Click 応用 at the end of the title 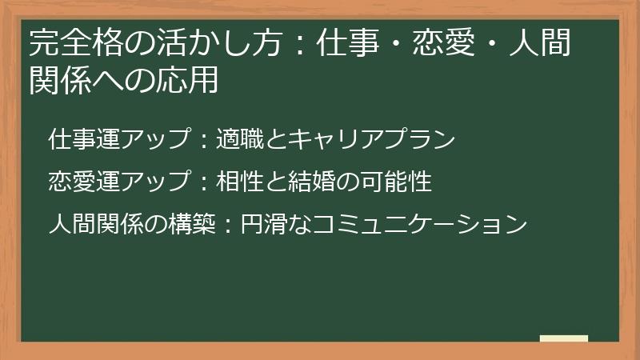click(x=198, y=81)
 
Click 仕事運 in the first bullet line click(x=82, y=140)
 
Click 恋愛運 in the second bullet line click(x=82, y=182)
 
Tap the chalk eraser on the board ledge click(x=564, y=338)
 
